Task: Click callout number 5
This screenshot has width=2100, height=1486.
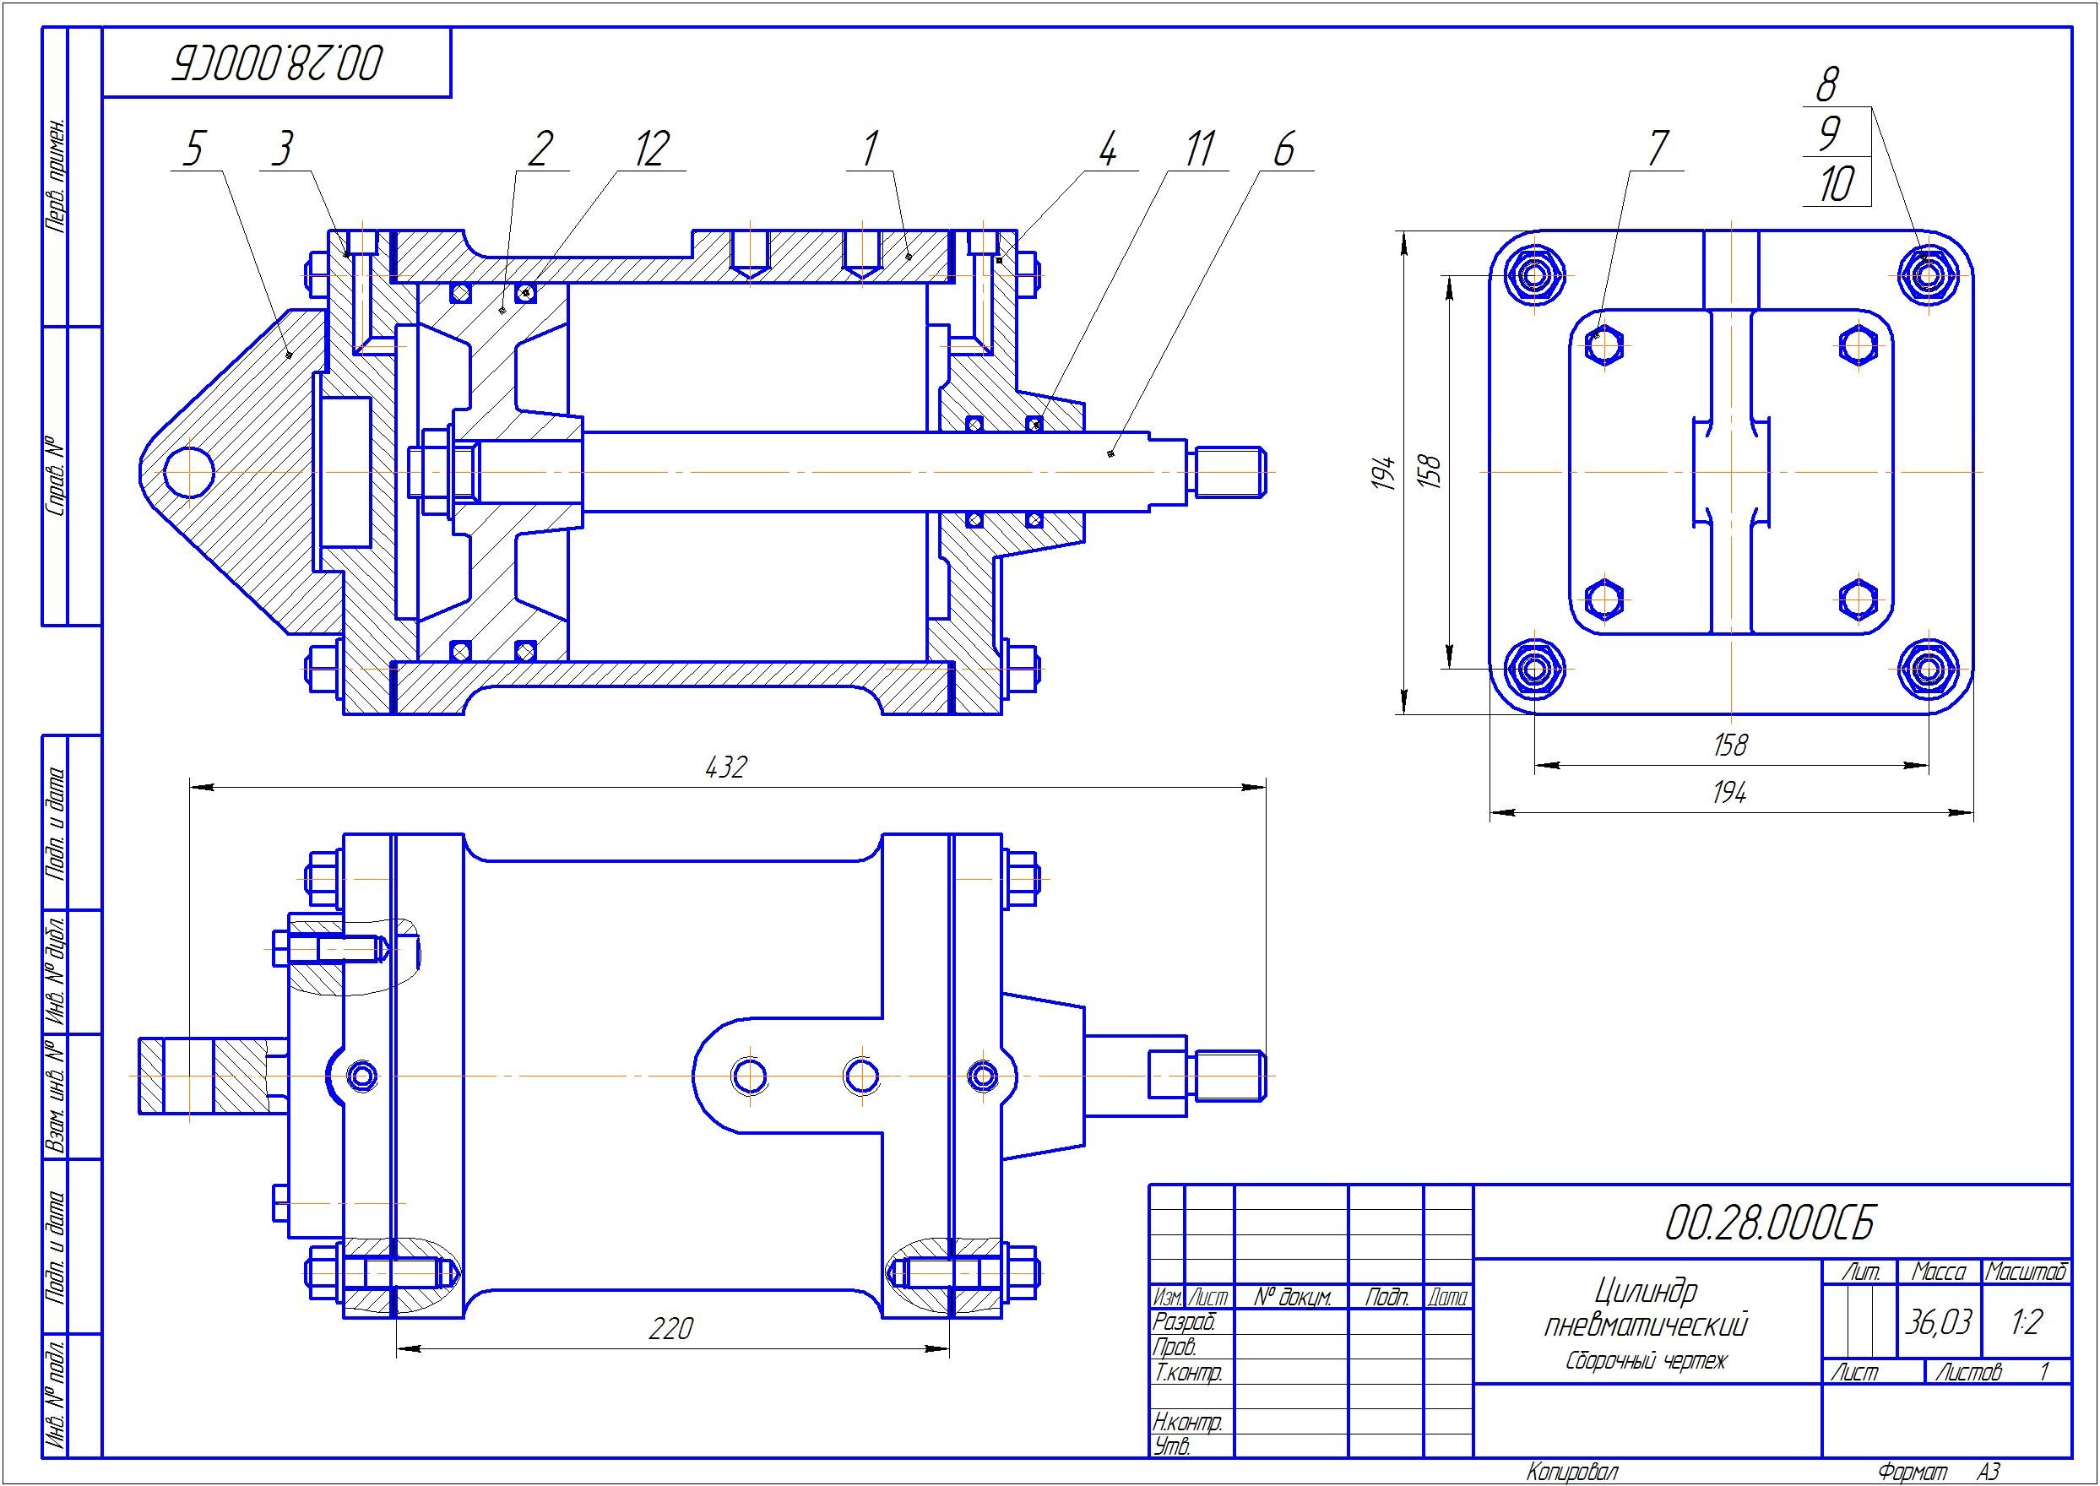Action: (193, 150)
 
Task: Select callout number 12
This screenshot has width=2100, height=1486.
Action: (652, 149)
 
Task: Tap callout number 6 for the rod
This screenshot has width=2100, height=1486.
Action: (1283, 150)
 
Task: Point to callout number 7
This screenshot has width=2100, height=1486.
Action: (1658, 149)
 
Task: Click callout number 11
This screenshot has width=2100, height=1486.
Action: (1198, 149)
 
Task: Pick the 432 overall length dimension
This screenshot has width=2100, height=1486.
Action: (726, 767)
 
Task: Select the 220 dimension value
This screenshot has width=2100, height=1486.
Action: (670, 1328)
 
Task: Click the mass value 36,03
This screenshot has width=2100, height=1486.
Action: (1937, 1322)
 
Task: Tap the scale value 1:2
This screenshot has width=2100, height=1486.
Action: (2026, 1322)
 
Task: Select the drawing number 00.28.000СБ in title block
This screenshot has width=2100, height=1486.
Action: (1770, 1223)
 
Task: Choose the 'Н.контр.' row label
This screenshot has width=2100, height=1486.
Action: (1187, 1422)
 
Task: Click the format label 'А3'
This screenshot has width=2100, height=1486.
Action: (1988, 1472)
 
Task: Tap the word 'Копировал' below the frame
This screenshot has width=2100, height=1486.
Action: (1572, 1472)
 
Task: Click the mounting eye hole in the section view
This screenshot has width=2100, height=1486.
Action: (189, 472)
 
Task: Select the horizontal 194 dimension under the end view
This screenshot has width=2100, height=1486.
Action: (1729, 794)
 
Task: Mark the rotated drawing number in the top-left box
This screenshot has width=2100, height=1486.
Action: (278, 63)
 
